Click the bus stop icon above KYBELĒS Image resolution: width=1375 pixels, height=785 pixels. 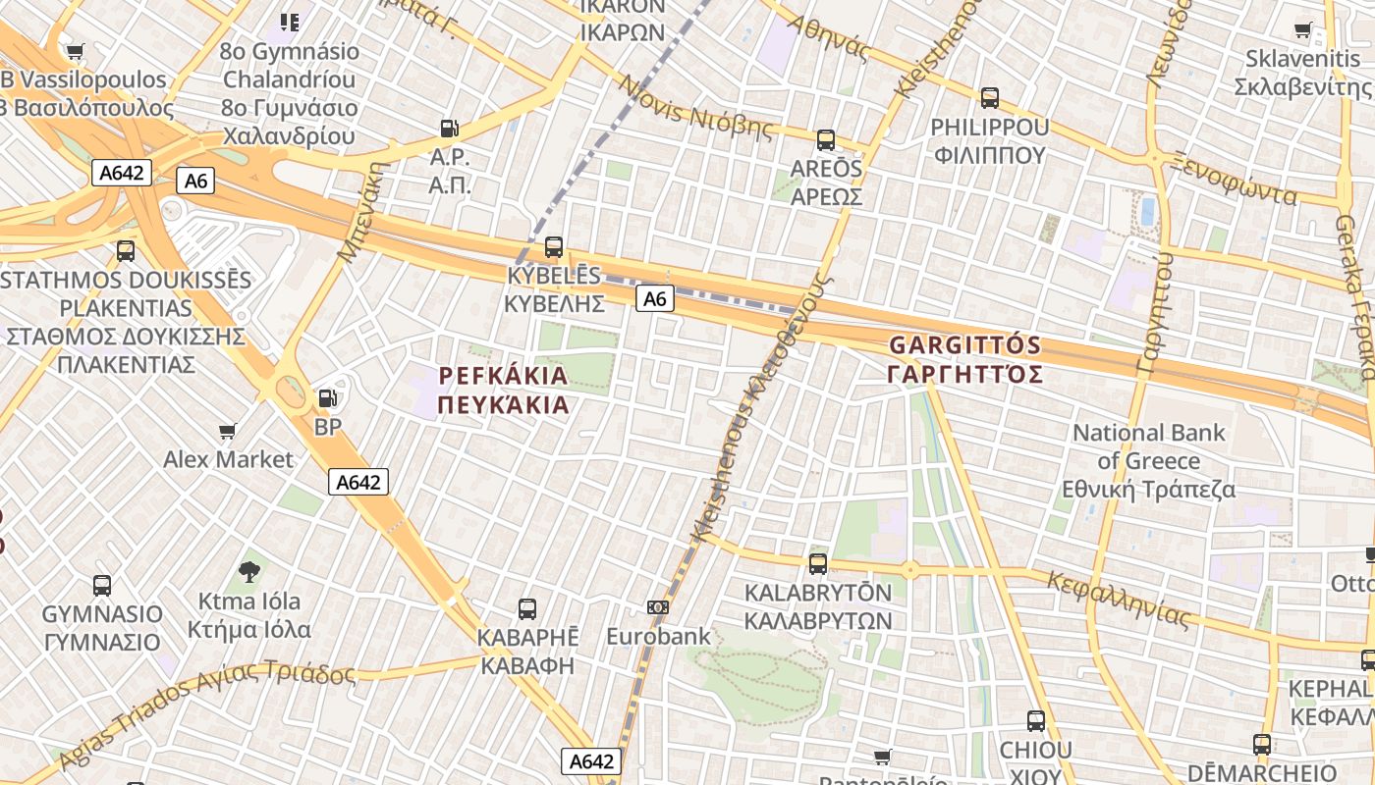pyautogui.click(x=554, y=247)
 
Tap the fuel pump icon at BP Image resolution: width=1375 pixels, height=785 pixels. pyautogui.click(x=327, y=398)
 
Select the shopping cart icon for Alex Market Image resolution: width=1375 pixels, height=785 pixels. pyautogui.click(x=228, y=431)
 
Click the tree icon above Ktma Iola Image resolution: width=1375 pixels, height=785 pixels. pyautogui.click(x=249, y=571)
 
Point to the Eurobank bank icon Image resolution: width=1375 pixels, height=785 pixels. pyautogui.click(x=658, y=607)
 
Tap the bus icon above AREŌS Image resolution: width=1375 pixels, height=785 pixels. pyautogui.click(x=826, y=140)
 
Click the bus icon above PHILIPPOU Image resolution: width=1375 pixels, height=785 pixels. pyautogui.click(x=990, y=98)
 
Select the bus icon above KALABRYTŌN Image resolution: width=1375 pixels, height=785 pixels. pyautogui.click(x=818, y=564)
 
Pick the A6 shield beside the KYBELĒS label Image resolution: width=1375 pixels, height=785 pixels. pyautogui.click(x=655, y=298)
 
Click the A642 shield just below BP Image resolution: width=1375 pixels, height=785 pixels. pyautogui.click(x=358, y=482)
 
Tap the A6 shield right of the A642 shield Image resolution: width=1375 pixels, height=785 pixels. pyautogui.click(x=196, y=181)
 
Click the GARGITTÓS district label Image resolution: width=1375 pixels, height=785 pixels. pyautogui.click(x=963, y=360)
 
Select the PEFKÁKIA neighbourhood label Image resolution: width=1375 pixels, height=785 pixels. pyautogui.click(x=503, y=391)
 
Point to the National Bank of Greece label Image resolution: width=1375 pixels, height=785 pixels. pyautogui.click(x=1148, y=460)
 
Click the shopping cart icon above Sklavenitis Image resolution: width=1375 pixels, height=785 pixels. pyautogui.click(x=1303, y=30)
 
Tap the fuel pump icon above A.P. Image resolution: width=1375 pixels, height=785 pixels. pyautogui.click(x=449, y=128)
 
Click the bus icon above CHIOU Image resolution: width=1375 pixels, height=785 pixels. pyautogui.click(x=1036, y=721)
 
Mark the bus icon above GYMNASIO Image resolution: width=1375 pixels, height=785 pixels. pyautogui.click(x=102, y=586)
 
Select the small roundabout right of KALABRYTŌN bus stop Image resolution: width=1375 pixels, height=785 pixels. pyautogui.click(x=910, y=569)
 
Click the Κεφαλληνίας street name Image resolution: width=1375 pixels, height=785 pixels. pyautogui.click(x=1119, y=599)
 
